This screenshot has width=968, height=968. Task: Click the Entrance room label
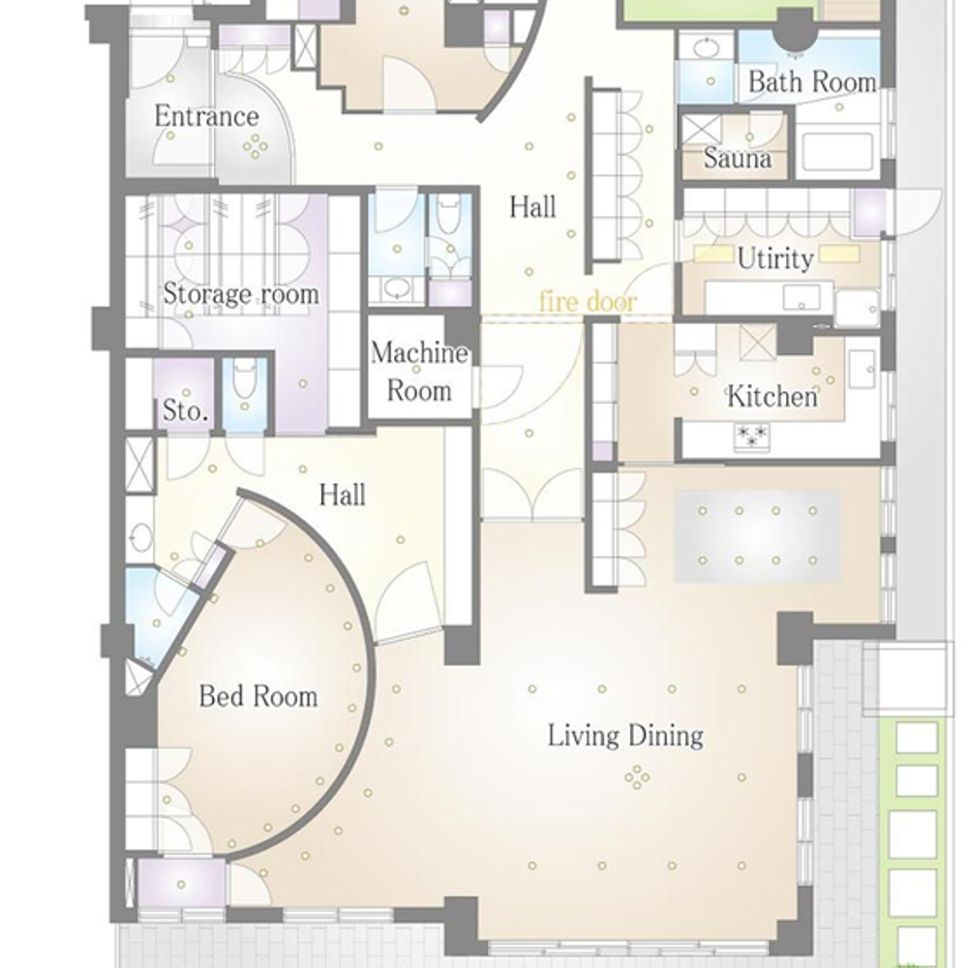[x=206, y=116]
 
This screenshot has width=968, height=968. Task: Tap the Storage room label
[x=241, y=293]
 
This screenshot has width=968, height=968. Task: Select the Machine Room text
[x=419, y=372]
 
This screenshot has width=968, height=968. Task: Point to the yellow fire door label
[x=588, y=302]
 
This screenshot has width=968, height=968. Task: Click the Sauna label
[x=738, y=159]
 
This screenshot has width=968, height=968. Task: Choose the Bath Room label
[x=812, y=81]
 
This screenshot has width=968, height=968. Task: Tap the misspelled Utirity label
[x=775, y=258]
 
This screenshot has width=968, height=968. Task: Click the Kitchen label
[x=772, y=396]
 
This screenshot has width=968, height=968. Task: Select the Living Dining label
[x=625, y=736]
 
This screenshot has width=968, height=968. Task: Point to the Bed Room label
[x=258, y=696]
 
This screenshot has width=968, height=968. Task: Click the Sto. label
[x=185, y=410]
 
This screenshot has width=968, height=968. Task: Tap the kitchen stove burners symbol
[x=752, y=436]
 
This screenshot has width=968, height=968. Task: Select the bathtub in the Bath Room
[x=837, y=150]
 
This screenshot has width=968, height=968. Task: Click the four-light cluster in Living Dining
[x=637, y=777]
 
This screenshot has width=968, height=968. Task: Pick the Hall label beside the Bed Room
[x=342, y=495]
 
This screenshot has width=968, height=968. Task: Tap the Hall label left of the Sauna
[x=532, y=207]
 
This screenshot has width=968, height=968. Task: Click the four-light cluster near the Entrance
[x=255, y=147]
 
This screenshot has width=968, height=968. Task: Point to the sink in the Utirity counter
[x=802, y=297]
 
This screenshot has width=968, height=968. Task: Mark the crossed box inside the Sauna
[x=701, y=132]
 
